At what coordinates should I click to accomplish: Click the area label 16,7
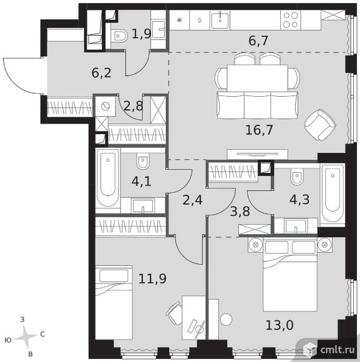tap(259, 130)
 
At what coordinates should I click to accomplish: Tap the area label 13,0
tap(280, 325)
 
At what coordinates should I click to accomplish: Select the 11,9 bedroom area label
tap(152, 278)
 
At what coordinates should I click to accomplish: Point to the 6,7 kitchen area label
tap(258, 41)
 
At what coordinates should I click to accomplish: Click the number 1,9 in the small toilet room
tap(141, 34)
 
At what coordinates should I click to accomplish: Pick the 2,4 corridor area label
tap(192, 200)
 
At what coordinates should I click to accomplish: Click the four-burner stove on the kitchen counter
tap(291, 20)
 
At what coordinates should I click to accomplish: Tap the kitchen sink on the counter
tap(220, 21)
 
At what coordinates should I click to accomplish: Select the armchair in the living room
tap(320, 125)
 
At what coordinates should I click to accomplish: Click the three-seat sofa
tap(258, 105)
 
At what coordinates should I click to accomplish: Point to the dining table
tap(257, 78)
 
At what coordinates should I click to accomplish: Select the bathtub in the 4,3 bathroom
tap(333, 194)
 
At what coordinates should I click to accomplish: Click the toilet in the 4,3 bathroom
tap(297, 176)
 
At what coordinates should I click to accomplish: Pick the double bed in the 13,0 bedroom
tap(290, 275)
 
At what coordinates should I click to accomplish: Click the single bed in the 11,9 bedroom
tap(114, 303)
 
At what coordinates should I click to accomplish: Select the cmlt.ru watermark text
tap(338, 350)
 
